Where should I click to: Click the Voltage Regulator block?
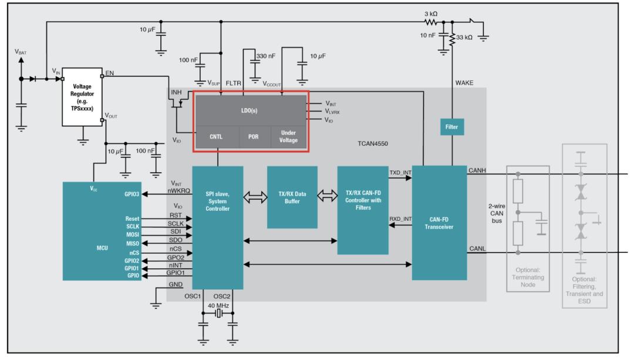pos(82,97)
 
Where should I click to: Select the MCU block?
pos(102,231)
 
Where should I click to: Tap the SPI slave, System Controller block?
pos(218,228)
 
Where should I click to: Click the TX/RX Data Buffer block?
pos(292,197)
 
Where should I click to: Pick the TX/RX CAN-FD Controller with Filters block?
pos(363,210)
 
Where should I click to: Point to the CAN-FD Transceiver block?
pos(439,223)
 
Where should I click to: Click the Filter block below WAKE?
pos(451,127)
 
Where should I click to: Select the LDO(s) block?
pos(251,110)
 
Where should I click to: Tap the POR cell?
pos(253,137)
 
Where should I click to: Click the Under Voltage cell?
pos(288,137)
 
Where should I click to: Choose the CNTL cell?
pos(216,137)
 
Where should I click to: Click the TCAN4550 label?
pos(373,144)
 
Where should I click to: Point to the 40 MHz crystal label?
pos(218,306)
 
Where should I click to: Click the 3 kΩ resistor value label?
pos(431,14)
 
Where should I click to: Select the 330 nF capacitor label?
pos(266,56)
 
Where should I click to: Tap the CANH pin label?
pos(477,170)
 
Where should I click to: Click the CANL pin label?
pos(477,248)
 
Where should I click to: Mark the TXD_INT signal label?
pos(400,173)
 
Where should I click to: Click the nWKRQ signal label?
pos(178,190)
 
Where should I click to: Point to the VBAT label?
pos(21,52)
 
